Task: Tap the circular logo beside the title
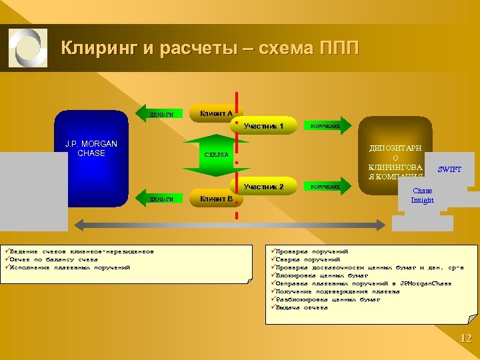point(28,48)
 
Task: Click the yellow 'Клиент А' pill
point(216,114)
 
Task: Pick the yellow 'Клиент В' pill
point(216,198)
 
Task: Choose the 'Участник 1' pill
point(264,125)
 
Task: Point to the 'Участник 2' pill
point(264,187)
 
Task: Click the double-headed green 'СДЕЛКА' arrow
point(216,155)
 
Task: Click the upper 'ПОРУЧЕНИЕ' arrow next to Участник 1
point(325,126)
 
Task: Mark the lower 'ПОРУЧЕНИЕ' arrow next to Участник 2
point(325,187)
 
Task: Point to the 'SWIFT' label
point(449,169)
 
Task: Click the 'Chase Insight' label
point(422,195)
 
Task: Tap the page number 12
point(465,339)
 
